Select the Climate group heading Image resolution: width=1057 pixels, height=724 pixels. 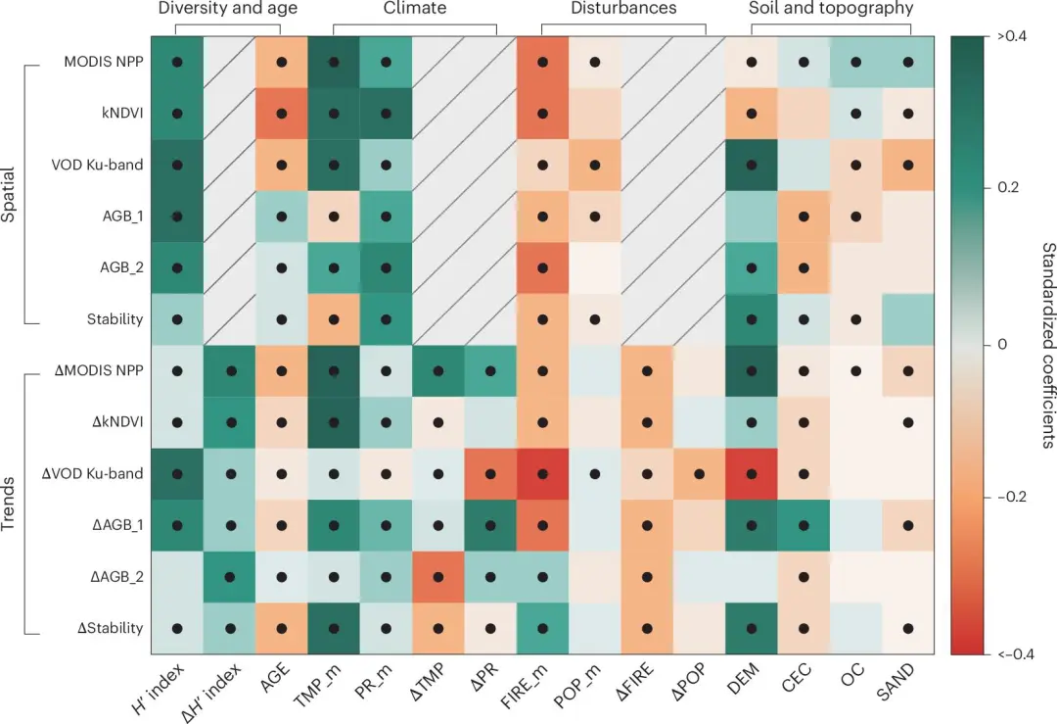coord(412,9)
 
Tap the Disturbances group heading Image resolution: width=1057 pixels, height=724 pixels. coord(624,9)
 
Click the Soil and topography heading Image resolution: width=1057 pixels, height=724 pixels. coord(830,9)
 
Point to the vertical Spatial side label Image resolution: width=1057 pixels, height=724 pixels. coord(9,191)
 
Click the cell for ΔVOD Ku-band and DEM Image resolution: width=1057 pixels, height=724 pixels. coord(752,474)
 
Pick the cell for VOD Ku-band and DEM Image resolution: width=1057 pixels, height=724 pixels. coord(752,165)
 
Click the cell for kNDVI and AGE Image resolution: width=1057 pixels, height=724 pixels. coord(281,113)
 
